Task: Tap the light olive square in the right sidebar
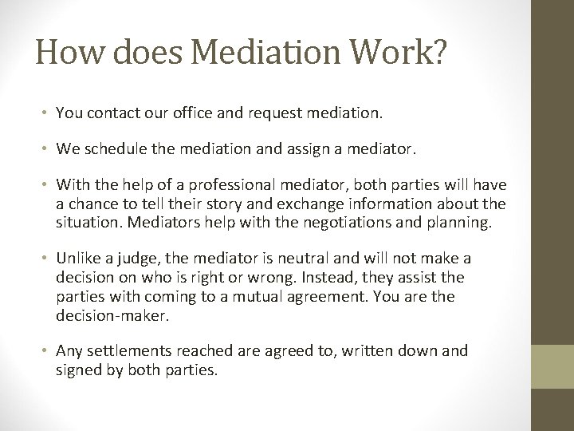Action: coord(552,366)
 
